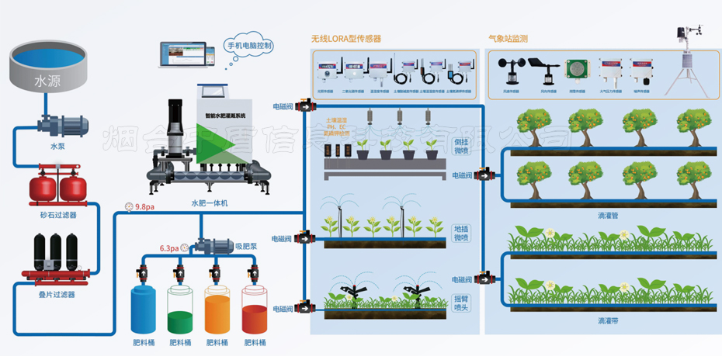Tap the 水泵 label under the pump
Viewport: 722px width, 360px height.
coord(58,145)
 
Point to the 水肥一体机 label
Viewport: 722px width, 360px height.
coord(209,203)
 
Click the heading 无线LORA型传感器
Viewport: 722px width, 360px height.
coord(345,38)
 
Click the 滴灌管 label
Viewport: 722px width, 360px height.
coord(609,214)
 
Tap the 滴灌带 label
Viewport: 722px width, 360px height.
coord(609,320)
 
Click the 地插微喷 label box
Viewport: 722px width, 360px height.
coord(461,234)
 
